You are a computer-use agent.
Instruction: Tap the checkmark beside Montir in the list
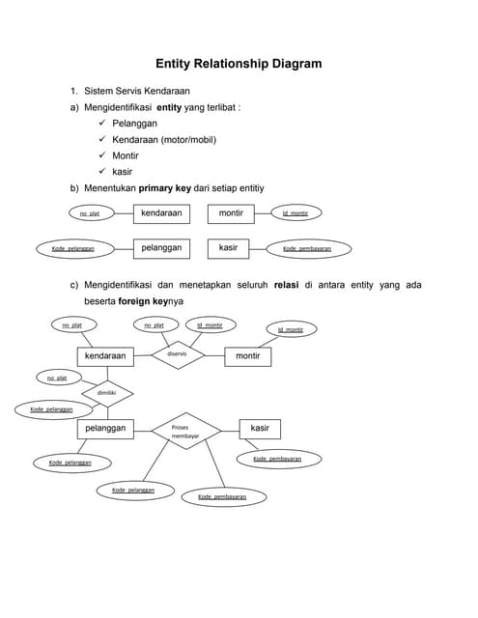(102, 154)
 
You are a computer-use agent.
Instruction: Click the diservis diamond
(177, 354)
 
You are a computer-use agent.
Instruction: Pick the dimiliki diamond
(106, 393)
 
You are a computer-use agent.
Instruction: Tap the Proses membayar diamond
(184, 432)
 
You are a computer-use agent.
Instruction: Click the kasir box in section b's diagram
(228, 248)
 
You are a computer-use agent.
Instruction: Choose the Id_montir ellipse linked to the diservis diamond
(210, 324)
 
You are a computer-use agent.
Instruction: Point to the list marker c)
(73, 285)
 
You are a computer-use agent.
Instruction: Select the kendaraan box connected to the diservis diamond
(105, 356)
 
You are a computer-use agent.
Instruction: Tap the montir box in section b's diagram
(231, 212)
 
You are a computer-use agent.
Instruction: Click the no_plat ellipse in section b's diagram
(90, 213)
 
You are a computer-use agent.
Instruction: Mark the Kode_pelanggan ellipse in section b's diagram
(72, 248)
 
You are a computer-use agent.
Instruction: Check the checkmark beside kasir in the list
(102, 170)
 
